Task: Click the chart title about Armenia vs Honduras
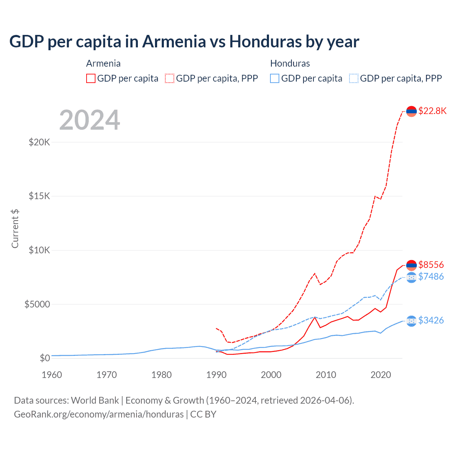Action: click(184, 42)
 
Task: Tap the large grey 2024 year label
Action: click(89, 120)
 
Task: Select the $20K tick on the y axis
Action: click(40, 142)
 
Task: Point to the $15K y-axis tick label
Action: click(40, 196)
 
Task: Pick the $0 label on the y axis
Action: click(45, 358)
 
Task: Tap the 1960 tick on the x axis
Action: click(52, 375)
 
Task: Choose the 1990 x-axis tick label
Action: click(216, 375)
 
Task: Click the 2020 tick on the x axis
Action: click(381, 375)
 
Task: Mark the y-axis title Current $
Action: click(15, 228)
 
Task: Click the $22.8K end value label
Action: click(432, 111)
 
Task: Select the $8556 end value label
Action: click(431, 265)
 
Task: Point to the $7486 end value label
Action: click(431, 276)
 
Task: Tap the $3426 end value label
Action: click(431, 320)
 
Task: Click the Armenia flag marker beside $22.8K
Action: click(411, 112)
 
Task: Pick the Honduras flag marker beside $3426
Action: click(411, 321)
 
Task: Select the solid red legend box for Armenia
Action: click(91, 78)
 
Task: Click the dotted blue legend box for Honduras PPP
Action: click(354, 78)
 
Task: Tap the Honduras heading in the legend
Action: click(290, 63)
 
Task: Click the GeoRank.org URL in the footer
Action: click(99, 414)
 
